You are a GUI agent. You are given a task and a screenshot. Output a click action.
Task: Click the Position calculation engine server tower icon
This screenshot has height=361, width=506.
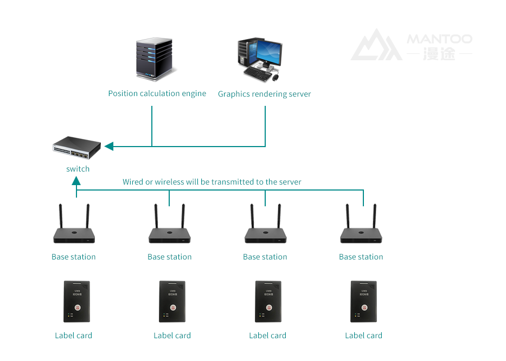click(x=156, y=60)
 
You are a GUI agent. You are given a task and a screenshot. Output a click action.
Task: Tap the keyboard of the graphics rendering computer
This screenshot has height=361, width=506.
click(x=260, y=73)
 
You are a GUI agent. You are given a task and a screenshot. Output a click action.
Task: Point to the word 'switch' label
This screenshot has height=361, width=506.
click(x=78, y=169)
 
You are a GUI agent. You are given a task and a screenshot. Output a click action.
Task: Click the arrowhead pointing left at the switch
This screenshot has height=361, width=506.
click(x=108, y=147)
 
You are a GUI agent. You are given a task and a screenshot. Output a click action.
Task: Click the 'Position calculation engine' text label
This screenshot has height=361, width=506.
click(x=157, y=93)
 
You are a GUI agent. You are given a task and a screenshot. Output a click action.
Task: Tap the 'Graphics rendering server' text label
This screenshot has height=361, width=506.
click(x=264, y=94)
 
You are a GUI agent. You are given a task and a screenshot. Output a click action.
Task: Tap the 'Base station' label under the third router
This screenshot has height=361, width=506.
click(x=265, y=257)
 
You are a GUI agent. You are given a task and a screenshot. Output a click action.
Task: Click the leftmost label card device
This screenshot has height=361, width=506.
click(x=76, y=301)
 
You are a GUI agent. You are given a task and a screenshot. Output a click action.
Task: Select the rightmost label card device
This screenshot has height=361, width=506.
click(x=363, y=301)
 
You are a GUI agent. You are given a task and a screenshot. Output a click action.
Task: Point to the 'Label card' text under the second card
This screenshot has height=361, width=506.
click(x=172, y=335)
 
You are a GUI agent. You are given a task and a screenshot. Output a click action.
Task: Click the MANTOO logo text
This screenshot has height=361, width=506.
click(x=439, y=39)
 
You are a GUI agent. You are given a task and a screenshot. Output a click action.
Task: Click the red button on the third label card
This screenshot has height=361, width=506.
click(x=267, y=307)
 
